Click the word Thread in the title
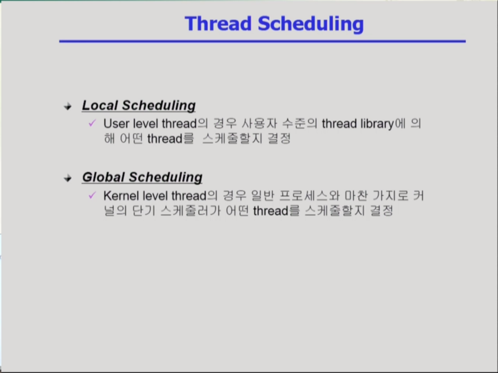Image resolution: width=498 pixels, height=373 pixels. (x=218, y=24)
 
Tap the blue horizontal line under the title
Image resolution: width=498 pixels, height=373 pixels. (x=262, y=41)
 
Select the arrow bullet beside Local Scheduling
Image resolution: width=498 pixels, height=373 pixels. (x=68, y=107)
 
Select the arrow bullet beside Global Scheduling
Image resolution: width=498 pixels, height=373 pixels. (x=68, y=178)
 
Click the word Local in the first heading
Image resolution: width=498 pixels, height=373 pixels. (x=100, y=105)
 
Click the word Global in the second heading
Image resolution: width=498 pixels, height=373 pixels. (x=103, y=177)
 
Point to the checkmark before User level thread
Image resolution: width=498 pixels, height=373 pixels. (x=92, y=123)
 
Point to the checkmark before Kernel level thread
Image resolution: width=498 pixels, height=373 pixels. (x=92, y=195)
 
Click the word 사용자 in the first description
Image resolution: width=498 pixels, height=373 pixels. (x=259, y=124)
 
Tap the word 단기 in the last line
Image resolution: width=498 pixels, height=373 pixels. (x=144, y=210)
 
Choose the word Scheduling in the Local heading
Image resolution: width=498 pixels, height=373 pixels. (x=159, y=105)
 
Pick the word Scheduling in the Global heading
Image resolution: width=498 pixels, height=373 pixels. (x=166, y=177)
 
